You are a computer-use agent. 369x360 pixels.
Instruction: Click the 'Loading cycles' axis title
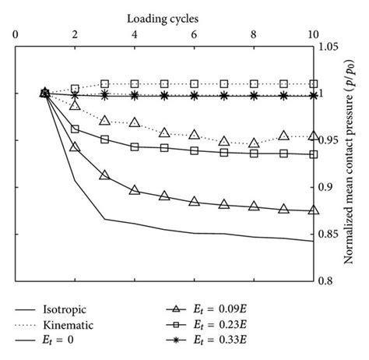coord(163,14)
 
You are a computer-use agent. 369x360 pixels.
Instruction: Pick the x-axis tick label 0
coord(15,34)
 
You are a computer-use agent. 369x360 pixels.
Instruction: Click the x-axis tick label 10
coord(313,34)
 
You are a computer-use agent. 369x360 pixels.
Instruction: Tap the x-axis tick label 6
coord(194,34)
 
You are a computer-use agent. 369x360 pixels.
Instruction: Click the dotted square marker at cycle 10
coord(313,83)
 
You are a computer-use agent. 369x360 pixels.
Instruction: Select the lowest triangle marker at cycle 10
coord(313,210)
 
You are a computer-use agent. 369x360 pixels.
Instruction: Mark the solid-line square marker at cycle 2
coord(75,129)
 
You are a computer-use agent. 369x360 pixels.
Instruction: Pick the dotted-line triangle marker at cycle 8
coord(254,143)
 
